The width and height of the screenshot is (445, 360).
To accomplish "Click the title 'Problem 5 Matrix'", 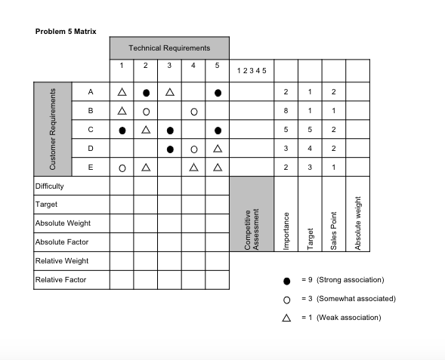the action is click(66, 31).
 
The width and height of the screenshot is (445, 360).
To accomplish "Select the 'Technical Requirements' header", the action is click(169, 48).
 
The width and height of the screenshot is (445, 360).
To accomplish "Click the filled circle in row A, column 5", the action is click(217, 92).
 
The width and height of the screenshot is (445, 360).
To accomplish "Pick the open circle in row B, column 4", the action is click(193, 111).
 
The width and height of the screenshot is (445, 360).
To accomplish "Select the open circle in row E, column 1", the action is click(122, 167).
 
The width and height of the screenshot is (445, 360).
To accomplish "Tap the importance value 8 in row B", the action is click(286, 111).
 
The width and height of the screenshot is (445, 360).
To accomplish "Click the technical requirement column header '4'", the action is click(193, 66).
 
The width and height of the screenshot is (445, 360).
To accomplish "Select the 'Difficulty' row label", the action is click(50, 186).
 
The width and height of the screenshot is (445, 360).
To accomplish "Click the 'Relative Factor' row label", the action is click(60, 279).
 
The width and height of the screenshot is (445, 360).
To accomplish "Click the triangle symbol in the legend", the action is click(286, 317).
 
